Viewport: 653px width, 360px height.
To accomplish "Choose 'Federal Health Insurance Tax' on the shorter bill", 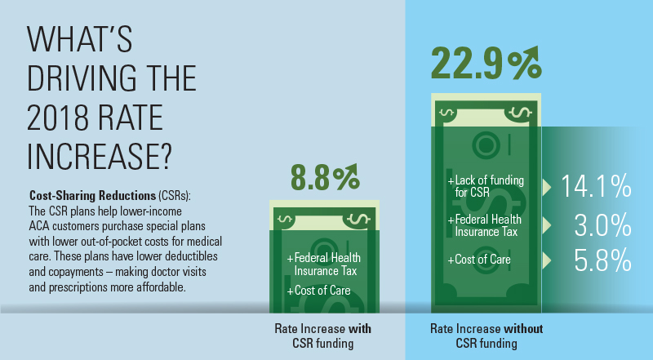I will coord(324,264).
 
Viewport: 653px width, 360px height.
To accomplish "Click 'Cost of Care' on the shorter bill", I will coord(319,290).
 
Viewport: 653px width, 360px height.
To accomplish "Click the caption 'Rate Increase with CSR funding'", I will coord(320,336).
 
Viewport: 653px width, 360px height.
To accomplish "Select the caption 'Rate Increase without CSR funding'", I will coord(486,336).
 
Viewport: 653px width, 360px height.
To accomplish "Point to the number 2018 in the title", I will coord(60,118).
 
